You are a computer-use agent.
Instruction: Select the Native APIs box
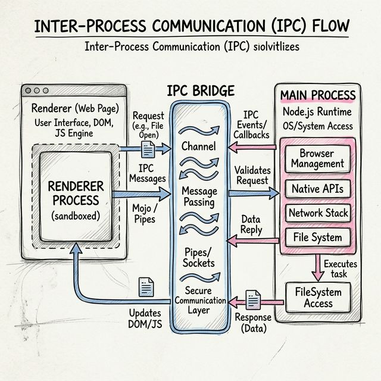(x=317, y=189)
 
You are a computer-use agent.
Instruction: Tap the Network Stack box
(x=317, y=213)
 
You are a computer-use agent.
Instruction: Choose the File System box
(x=317, y=237)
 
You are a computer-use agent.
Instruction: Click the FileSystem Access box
(x=318, y=296)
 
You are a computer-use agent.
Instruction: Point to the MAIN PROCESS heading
(x=318, y=95)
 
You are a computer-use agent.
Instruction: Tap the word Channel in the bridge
(x=198, y=146)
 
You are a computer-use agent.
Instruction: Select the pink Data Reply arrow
(x=253, y=239)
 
